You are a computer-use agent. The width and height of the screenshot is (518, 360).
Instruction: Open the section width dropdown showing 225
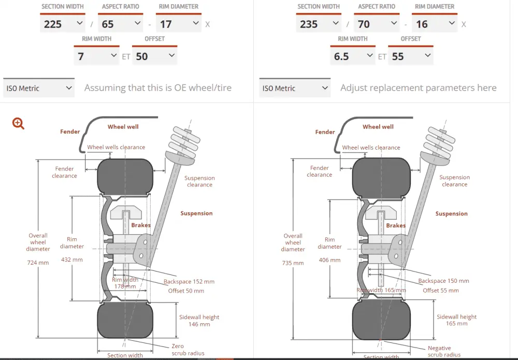click(62, 24)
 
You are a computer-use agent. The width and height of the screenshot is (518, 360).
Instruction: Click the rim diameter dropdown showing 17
click(178, 24)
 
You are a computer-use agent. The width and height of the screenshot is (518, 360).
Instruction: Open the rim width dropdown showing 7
click(97, 56)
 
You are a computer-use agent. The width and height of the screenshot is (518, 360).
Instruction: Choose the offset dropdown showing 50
click(154, 56)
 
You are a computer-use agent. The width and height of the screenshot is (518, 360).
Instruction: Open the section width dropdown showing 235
click(318, 24)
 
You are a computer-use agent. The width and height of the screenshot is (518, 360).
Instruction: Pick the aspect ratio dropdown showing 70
click(376, 24)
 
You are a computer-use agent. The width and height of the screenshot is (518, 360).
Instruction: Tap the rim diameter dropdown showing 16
click(434, 24)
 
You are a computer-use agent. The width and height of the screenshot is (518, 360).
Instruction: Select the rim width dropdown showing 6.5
click(353, 56)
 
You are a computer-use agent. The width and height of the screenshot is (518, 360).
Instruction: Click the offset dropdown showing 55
click(410, 56)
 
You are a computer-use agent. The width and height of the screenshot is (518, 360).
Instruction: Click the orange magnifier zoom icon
click(19, 123)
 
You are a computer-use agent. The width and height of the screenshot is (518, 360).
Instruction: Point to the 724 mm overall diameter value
click(38, 263)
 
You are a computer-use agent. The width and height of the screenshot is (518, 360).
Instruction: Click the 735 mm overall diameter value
click(293, 263)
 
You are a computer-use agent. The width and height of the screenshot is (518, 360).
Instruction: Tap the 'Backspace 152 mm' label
click(189, 282)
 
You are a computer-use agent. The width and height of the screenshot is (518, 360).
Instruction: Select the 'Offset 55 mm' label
click(441, 290)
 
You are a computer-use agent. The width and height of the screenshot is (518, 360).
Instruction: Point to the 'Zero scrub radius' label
click(188, 350)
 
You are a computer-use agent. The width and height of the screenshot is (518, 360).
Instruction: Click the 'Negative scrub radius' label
click(444, 351)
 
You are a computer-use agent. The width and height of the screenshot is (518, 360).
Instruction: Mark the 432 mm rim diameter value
click(72, 260)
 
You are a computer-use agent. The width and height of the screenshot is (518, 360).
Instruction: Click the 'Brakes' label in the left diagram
click(141, 225)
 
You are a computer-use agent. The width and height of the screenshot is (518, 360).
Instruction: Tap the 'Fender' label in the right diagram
click(325, 132)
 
